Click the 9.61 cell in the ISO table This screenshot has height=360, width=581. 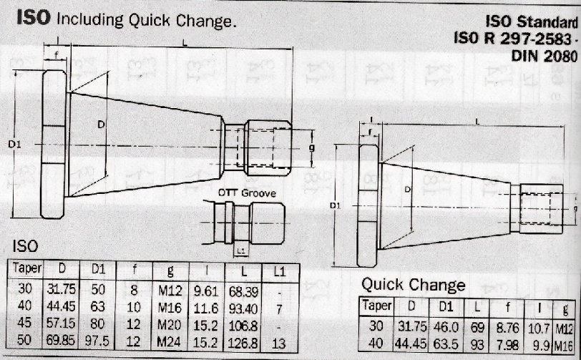(x=206, y=292)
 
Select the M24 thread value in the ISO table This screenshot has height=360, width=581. (x=170, y=341)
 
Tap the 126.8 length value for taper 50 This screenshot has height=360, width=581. (x=243, y=342)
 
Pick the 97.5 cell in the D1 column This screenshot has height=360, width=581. (x=97, y=341)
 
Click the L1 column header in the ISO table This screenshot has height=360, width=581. (x=279, y=272)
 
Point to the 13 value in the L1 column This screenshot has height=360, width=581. (x=278, y=344)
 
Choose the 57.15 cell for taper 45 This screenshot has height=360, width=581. (x=61, y=323)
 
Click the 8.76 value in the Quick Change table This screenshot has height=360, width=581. (x=507, y=328)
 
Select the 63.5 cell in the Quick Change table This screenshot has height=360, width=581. (x=446, y=344)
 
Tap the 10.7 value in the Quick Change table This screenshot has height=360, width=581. (x=539, y=328)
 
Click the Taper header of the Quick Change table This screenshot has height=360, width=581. (x=377, y=306)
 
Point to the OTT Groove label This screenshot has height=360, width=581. (x=247, y=193)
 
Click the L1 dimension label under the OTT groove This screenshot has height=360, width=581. (x=241, y=251)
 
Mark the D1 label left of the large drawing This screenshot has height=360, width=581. (x=14, y=144)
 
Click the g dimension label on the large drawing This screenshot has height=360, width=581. (x=312, y=148)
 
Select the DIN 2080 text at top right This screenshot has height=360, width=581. (x=544, y=56)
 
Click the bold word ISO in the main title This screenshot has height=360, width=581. (x=34, y=18)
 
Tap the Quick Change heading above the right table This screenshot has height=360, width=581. (x=413, y=285)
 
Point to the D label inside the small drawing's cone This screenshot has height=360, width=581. (x=408, y=190)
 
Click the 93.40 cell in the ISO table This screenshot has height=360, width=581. (x=243, y=308)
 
